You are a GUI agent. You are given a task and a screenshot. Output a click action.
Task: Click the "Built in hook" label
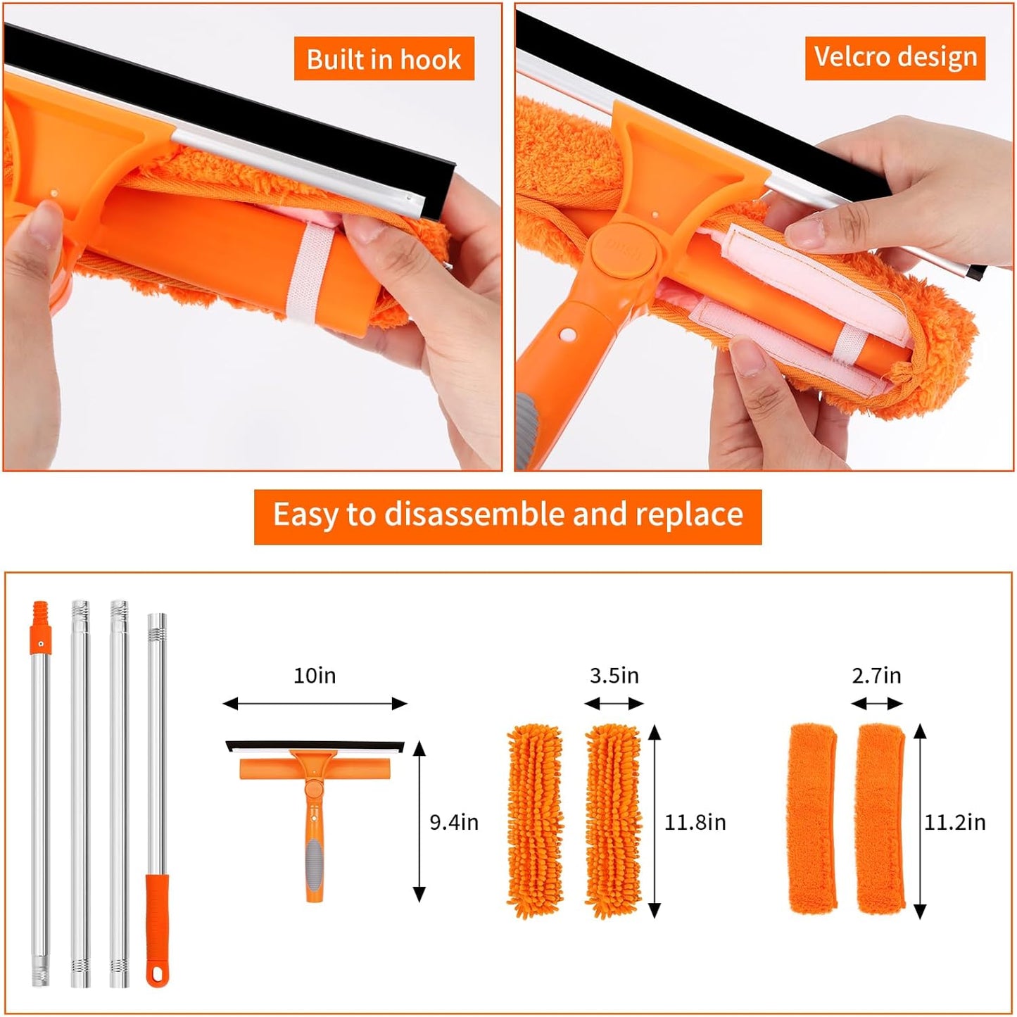[x=384, y=59]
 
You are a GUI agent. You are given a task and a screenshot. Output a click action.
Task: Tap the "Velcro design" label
[x=895, y=56]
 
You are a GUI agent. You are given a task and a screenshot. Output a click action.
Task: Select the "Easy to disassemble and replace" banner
[x=507, y=515]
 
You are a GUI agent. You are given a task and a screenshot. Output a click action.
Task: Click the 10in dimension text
[x=315, y=676]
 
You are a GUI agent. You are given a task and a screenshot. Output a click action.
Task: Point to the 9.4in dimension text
[x=454, y=822]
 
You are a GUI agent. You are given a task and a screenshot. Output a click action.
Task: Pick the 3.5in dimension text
[x=614, y=676]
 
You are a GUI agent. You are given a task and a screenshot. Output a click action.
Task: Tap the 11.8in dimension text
[x=695, y=822]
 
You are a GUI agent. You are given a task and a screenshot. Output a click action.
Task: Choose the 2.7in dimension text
[x=876, y=676]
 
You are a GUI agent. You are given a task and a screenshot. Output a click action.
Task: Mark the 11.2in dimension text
[x=954, y=822]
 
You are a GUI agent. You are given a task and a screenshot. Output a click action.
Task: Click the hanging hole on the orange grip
[x=157, y=975]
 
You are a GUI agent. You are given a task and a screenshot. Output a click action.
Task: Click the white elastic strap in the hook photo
[x=303, y=274]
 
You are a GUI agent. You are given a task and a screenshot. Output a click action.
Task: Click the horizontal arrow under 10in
[x=315, y=703]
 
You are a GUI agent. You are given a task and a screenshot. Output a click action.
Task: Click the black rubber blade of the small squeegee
[x=315, y=745]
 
